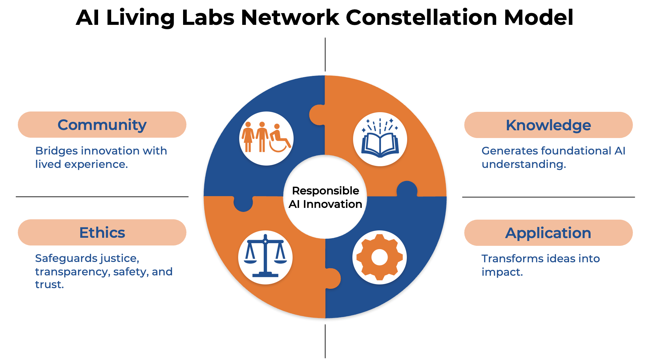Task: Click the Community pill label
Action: coord(102,125)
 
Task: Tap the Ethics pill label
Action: coord(102,233)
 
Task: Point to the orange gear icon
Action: coord(380,258)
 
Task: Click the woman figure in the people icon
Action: coord(248,137)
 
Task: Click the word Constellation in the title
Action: coord(422,17)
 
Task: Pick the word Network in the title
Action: coord(290,17)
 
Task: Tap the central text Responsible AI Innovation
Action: coord(325,197)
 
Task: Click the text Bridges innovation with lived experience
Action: coord(101,157)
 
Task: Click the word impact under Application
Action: coord(502,272)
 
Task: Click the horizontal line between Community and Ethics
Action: coord(102,197)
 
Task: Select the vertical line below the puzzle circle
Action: coord(325,341)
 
